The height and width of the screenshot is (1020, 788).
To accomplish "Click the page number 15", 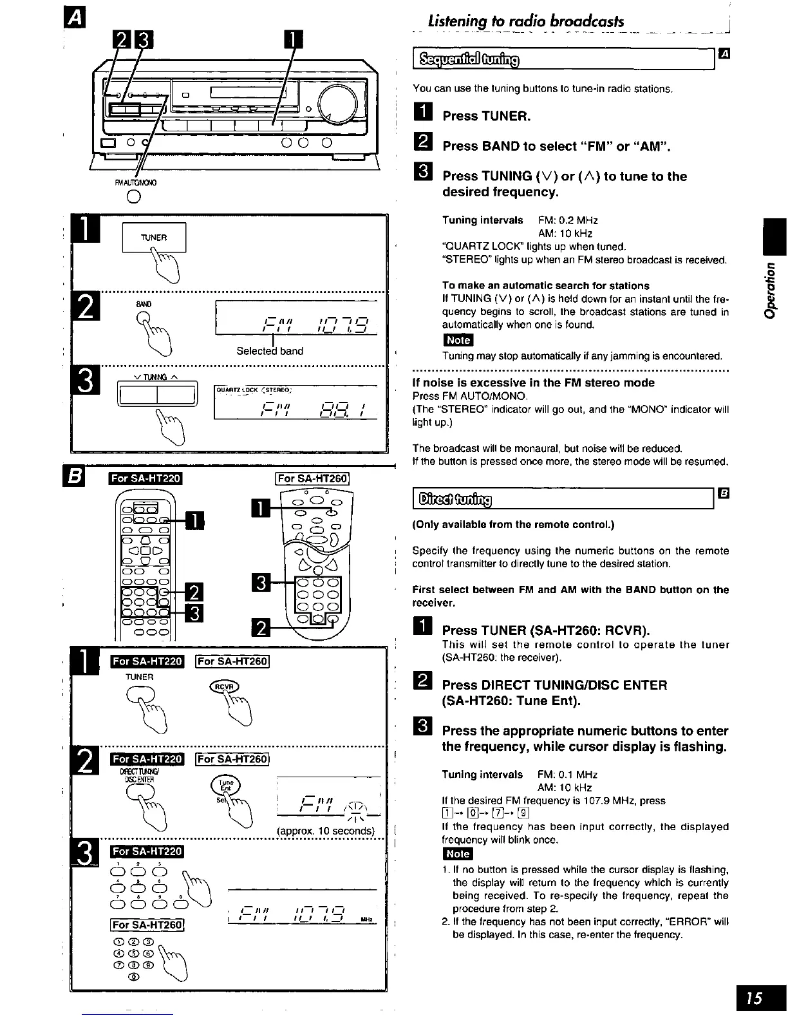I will (755, 998).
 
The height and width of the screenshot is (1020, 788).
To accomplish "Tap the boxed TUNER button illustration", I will (154, 238).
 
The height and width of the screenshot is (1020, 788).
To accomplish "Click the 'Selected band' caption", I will (270, 351).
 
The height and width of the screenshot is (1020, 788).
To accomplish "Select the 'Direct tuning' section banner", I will (455, 498).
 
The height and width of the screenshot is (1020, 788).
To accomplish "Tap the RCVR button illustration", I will (223, 688).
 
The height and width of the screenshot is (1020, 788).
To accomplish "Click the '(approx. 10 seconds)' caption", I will (325, 831).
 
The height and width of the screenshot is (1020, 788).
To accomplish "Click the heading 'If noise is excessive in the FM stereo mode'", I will (533, 382).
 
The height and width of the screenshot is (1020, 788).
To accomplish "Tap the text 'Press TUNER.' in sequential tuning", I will (486, 117).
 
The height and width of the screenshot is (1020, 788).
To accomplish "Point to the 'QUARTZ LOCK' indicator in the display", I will (234, 388).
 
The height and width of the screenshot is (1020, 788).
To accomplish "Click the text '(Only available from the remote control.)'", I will (513, 525).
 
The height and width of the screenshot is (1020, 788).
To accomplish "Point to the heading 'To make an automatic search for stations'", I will (545, 285).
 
